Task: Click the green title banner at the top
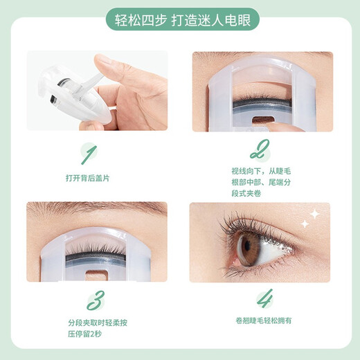(x=179, y=16)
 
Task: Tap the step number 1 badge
(x=89, y=152)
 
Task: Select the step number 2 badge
(x=262, y=150)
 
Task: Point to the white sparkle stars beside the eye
(x=310, y=218)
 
